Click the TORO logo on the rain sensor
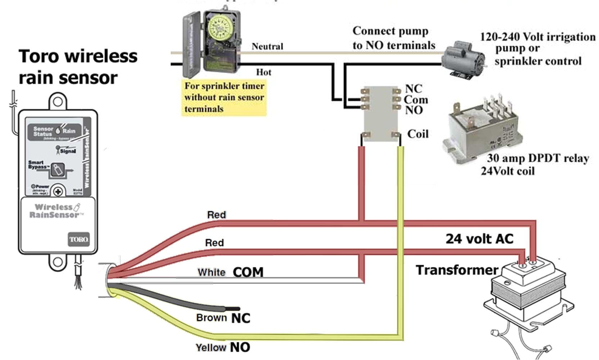tap(78, 239)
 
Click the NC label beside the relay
tap(414, 89)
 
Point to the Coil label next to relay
tap(418, 134)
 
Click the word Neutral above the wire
tap(267, 46)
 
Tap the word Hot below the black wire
tap(264, 72)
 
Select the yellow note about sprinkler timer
tap(224, 97)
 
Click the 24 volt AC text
tap(479, 239)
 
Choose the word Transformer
tap(457, 270)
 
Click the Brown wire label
tap(211, 318)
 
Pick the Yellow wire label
tap(211, 347)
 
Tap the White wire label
tap(211, 272)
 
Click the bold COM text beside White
tap(248, 272)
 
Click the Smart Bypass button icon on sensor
tap(57, 170)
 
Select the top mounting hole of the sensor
tap(58, 102)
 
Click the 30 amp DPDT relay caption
tap(537, 158)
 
